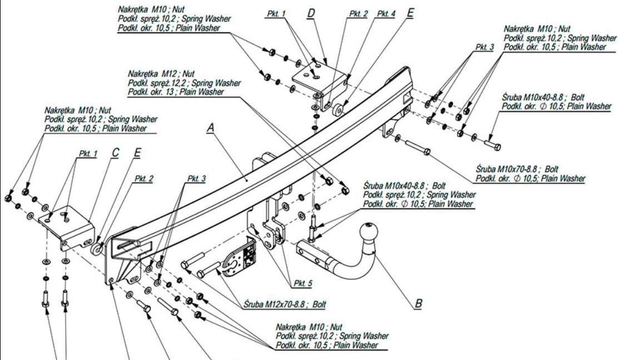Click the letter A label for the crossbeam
click(x=210, y=128)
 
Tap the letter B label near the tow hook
click(x=418, y=304)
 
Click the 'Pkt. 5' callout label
click(x=303, y=283)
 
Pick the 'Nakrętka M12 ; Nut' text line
click(x=161, y=73)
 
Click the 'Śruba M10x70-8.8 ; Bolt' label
click(x=517, y=169)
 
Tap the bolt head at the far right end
click(x=495, y=146)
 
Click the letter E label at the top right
click(x=410, y=12)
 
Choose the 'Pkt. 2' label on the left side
click(x=143, y=179)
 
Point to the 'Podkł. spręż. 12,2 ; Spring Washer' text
click(x=184, y=83)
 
